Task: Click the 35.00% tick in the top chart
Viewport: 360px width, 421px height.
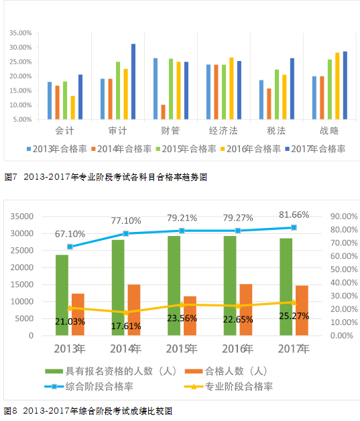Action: pos(20,33)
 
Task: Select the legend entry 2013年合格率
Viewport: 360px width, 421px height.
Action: pos(57,148)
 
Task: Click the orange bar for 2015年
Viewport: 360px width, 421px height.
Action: pos(190,315)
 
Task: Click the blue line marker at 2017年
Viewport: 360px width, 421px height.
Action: pos(293,228)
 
